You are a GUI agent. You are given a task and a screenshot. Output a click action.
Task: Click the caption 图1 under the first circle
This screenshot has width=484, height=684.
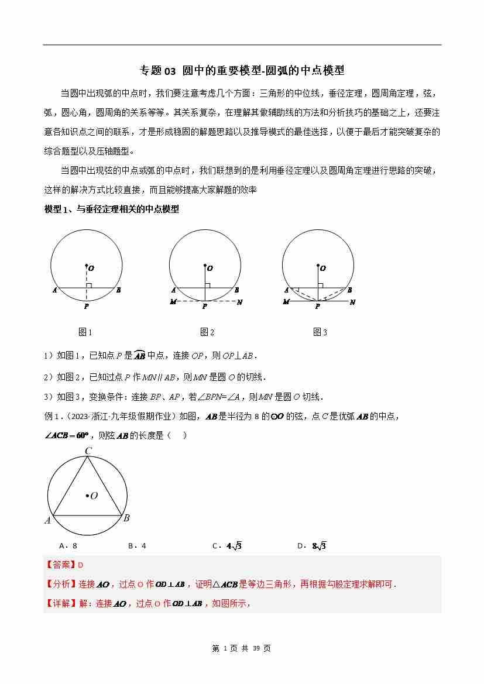(x=85, y=332)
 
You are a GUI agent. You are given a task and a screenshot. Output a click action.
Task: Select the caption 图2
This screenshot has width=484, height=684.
(x=207, y=332)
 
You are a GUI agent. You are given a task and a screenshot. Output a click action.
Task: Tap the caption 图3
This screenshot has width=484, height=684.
(x=320, y=332)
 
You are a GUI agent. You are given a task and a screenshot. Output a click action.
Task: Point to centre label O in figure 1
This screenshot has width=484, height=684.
(x=92, y=268)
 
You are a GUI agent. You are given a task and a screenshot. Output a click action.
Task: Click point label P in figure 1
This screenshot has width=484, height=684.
(x=86, y=306)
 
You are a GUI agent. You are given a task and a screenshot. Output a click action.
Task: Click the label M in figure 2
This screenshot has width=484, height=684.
(x=173, y=303)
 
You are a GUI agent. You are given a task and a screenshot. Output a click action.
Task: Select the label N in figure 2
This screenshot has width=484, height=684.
(x=239, y=303)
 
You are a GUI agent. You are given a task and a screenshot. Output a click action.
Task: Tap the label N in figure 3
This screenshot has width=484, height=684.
(x=352, y=303)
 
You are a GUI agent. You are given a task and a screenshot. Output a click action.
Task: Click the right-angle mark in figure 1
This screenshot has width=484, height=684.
(x=89, y=285)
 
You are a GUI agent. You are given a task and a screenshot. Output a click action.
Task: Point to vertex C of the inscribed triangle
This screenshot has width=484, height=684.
(x=88, y=451)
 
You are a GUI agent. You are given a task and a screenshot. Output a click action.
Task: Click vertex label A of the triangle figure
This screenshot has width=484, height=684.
(x=47, y=521)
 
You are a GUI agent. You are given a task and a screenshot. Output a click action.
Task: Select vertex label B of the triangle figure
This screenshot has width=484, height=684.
(x=126, y=518)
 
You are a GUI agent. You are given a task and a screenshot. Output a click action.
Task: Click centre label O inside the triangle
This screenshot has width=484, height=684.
(x=94, y=496)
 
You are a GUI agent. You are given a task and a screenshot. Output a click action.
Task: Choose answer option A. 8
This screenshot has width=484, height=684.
(x=68, y=546)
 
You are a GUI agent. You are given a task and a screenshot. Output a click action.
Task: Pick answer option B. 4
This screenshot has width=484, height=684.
(x=137, y=546)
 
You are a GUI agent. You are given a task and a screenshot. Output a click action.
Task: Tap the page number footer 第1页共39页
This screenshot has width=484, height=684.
(x=241, y=648)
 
